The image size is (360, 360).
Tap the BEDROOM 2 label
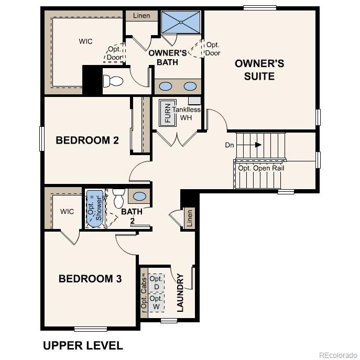[88, 140]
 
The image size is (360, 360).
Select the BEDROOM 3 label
[90, 279]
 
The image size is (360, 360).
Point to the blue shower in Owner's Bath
[181, 23]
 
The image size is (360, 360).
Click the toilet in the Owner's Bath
[112, 81]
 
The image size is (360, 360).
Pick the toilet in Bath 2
[118, 197]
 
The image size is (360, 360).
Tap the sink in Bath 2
[139, 196]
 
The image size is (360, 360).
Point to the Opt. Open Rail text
[261, 168]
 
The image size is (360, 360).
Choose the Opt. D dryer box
[156, 283]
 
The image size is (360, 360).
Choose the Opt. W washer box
[156, 302]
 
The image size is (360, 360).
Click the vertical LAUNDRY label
[180, 292]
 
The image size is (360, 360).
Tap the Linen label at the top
[141, 16]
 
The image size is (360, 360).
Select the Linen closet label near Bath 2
[189, 219]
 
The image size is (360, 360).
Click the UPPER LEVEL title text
[83, 345]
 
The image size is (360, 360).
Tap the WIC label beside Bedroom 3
[67, 212]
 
